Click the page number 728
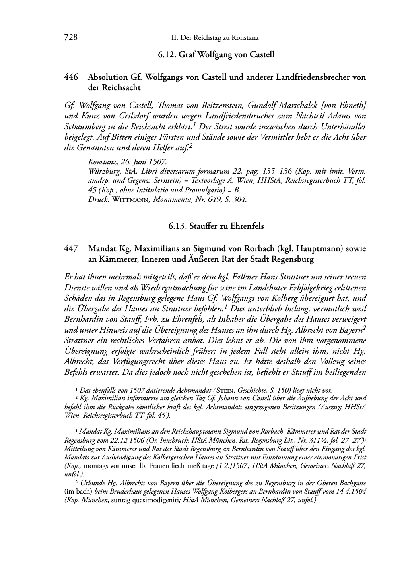[70, 38]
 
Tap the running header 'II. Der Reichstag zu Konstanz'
[215, 38]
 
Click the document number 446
[71, 77]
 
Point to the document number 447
[71, 249]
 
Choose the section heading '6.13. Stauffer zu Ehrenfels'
[216, 226]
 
